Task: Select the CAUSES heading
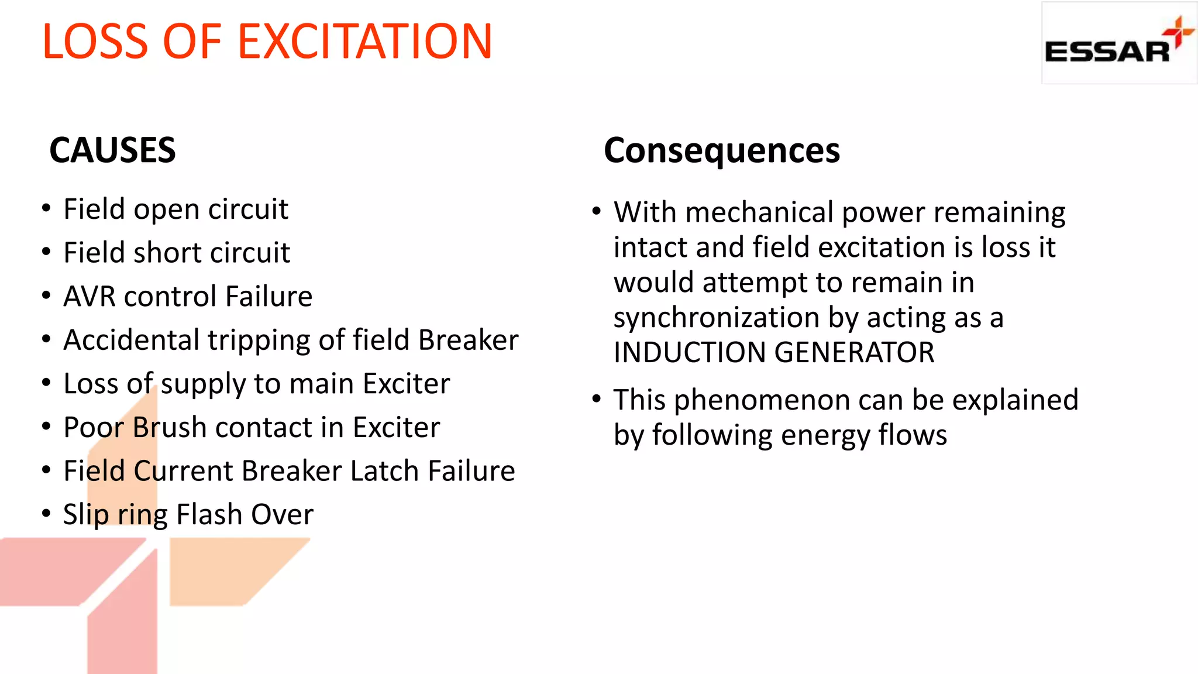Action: (x=112, y=150)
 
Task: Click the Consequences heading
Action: (x=721, y=151)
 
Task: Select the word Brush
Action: (x=170, y=428)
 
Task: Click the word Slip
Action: (x=85, y=515)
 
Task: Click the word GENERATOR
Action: (x=855, y=353)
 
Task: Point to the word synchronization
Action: (x=717, y=318)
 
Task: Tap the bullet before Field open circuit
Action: (x=47, y=209)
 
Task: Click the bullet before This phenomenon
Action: (x=596, y=400)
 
